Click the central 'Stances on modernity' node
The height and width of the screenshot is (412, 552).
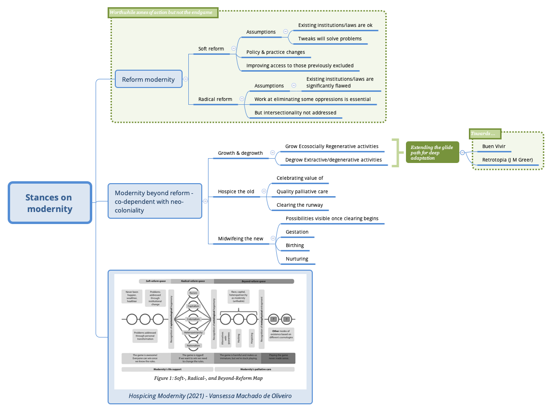pos(49,203)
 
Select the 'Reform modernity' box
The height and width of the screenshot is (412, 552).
pos(148,79)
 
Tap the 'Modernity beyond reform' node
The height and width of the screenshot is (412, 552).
pos(154,201)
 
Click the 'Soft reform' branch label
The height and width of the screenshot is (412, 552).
pos(211,49)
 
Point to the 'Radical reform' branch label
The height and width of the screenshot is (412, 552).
pos(215,99)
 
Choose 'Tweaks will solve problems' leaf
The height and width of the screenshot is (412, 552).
pos(330,38)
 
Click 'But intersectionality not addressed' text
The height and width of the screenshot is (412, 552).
pos(295,112)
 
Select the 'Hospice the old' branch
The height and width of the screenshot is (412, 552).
pos(236,191)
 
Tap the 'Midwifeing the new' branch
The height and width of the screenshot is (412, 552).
pos(241,238)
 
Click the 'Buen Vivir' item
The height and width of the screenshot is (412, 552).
pos(493,146)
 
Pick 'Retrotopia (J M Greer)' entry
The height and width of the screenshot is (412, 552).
pos(507,160)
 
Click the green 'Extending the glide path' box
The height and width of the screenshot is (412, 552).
pos(432,152)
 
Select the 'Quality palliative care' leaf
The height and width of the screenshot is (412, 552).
pos(302,191)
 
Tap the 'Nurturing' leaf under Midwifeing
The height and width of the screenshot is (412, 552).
pos(297,259)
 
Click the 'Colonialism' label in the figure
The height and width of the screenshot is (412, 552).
pos(193,319)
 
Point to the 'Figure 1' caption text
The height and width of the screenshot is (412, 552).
pos(208,378)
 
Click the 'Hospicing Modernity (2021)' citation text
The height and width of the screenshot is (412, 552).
pos(210,396)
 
